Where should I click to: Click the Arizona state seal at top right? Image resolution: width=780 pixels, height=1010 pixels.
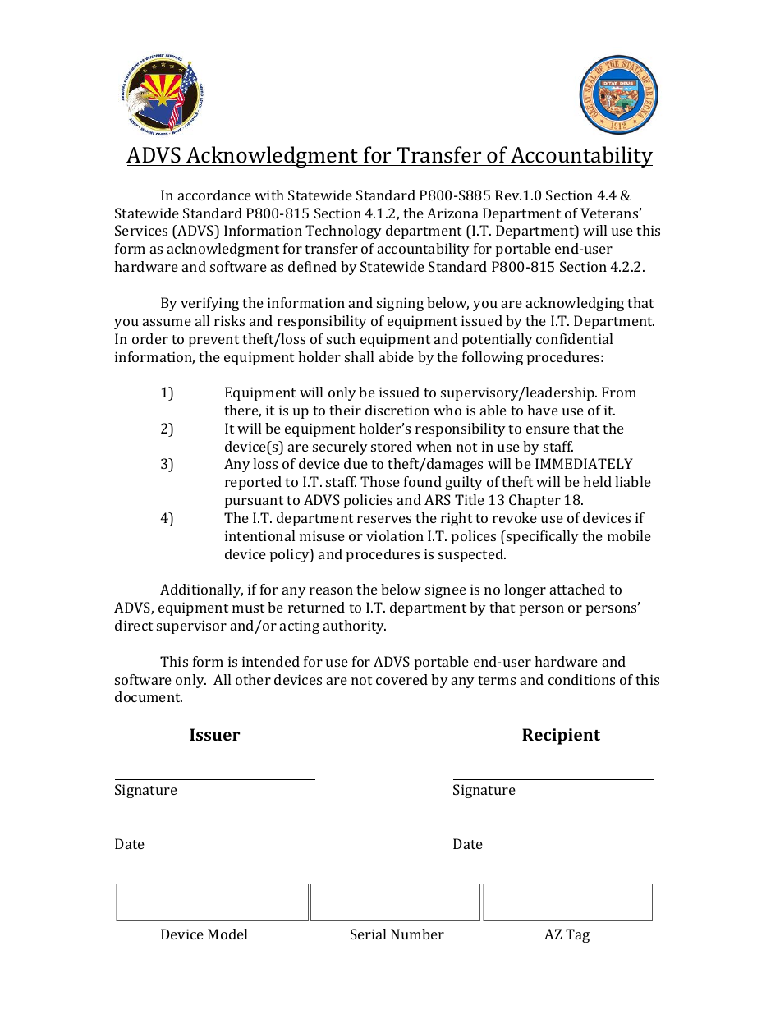pos(618,95)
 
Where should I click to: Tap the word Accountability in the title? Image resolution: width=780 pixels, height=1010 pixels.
pos(581,155)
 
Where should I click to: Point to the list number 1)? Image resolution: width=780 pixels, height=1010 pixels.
pos(167,393)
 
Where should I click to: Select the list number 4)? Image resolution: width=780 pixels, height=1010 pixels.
pos(167,518)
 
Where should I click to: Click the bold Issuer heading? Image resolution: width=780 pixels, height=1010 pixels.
pos(214,735)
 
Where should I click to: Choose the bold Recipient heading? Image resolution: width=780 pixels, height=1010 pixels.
pos(561,735)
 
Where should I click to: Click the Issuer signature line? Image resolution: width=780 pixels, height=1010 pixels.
pos(214,778)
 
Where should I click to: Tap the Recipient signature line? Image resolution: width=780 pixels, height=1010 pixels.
pos(553,778)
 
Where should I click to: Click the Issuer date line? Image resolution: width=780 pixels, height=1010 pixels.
pos(214,832)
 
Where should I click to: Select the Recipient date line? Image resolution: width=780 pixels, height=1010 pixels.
pos(553,832)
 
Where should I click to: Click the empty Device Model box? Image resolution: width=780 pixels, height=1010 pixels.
pos(212,902)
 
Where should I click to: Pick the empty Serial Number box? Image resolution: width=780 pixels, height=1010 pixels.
pos(395,902)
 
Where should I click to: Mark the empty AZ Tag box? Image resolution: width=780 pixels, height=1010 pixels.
pos(567,902)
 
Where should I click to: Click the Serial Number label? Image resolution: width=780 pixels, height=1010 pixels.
pos(397,934)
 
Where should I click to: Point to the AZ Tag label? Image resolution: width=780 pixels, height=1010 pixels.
pos(567,934)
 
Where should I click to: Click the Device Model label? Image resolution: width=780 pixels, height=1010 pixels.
pos(204,934)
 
